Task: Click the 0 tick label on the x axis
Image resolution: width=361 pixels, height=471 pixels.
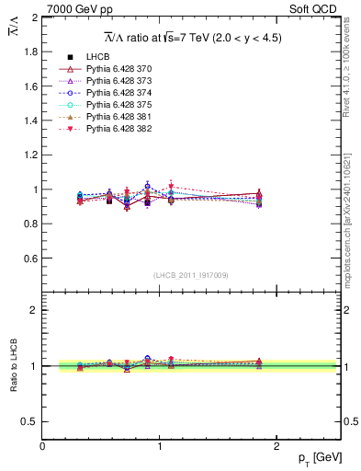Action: [x=42, y=446]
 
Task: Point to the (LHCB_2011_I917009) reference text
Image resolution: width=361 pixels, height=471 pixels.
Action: [x=191, y=275]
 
